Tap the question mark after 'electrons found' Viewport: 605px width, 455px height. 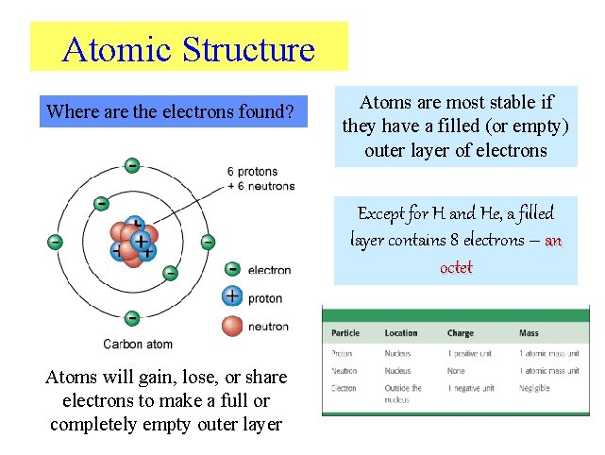click(290, 113)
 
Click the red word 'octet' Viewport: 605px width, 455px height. click(456, 267)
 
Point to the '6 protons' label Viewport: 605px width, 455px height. click(252, 172)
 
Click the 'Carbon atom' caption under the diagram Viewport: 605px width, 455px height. click(138, 344)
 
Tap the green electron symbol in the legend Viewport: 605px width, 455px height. click(232, 270)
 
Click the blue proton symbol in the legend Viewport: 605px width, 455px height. click(232, 296)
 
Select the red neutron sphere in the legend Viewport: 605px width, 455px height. click(232, 326)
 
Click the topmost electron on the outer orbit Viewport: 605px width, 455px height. click(132, 165)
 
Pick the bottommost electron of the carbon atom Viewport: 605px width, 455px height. click(132, 318)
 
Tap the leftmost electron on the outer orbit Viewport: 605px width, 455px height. click(56, 242)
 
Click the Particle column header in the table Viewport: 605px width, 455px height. click(345, 333)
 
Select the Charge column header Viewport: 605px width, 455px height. click(461, 333)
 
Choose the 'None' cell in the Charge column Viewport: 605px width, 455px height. click(457, 371)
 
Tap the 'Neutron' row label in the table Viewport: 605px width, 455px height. click(345, 371)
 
